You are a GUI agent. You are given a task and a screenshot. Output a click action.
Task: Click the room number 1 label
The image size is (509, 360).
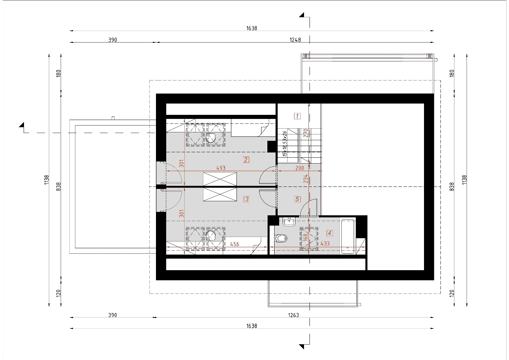point(297,116)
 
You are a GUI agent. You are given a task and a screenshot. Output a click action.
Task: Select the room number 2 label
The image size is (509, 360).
point(246,160)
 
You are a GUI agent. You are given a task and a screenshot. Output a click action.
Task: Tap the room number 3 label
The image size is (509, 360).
point(247,199)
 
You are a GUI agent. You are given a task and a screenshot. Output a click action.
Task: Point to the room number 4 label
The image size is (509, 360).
point(330,233)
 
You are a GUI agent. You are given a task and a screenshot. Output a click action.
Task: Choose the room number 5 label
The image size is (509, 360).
point(298,199)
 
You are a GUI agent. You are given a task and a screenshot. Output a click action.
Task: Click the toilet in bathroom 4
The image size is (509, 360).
point(281,238)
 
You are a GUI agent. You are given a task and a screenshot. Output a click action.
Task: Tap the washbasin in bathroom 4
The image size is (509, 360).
point(289,221)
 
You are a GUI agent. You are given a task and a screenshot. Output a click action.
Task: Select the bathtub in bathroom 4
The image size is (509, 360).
point(348,237)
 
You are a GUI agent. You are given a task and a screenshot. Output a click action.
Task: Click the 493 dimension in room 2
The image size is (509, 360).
point(221,168)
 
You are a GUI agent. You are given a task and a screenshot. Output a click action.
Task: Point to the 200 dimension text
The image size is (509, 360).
point(300,168)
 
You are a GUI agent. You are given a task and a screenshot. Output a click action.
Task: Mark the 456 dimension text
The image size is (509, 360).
point(235,244)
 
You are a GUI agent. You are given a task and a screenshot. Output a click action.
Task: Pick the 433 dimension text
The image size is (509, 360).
point(325,243)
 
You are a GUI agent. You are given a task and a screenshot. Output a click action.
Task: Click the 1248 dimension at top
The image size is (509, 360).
point(295,40)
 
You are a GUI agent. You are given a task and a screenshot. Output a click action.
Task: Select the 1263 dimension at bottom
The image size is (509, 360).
point(294,315)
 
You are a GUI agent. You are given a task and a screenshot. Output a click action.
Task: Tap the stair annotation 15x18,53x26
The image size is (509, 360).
point(285,144)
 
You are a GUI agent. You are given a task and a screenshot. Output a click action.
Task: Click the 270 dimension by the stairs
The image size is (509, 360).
point(306,133)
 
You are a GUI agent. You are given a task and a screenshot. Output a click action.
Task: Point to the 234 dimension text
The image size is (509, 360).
point(306,179)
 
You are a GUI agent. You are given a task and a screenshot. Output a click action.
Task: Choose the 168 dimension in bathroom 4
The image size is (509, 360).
point(305,237)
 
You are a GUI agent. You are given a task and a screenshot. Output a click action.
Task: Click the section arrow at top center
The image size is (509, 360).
point(302,15)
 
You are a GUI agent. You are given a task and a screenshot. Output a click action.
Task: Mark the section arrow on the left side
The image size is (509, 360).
point(22,125)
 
